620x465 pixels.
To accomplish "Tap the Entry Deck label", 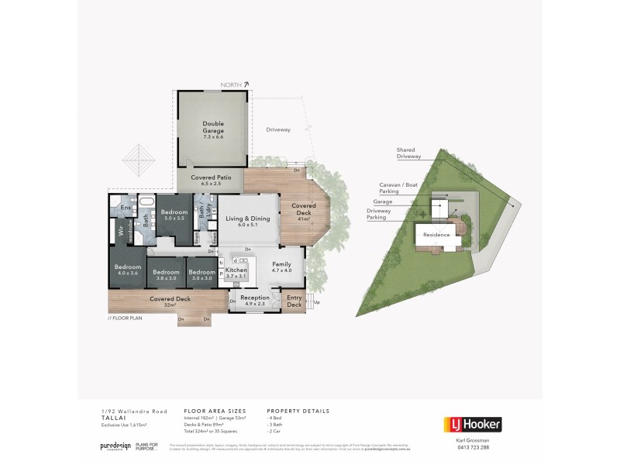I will click(294, 301).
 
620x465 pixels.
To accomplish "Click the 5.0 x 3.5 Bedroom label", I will click(174, 215).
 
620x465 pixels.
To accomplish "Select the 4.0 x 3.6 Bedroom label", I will click(127, 268).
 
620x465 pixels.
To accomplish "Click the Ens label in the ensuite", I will click(126, 208).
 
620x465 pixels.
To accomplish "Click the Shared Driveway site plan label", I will click(408, 153).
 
